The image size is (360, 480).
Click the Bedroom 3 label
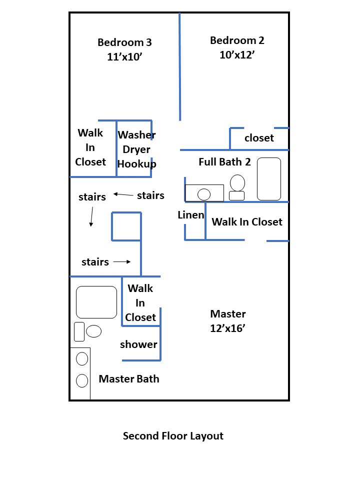point(124,42)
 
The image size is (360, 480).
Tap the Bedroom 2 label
point(237,40)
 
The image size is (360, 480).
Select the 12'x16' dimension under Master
point(227,328)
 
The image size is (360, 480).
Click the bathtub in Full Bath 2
point(269,179)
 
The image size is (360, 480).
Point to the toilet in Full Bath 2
point(237,183)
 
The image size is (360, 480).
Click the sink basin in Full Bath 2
point(204,194)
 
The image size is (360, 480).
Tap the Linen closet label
point(191,215)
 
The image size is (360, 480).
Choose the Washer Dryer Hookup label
point(136,149)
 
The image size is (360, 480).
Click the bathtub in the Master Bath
point(96,302)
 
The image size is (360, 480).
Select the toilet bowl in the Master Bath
point(94,331)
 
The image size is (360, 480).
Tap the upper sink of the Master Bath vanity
point(82,358)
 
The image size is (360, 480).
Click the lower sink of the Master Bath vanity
point(82,380)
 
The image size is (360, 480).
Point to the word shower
point(138,344)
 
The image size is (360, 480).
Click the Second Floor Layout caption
point(173,436)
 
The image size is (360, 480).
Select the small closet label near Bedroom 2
point(259,138)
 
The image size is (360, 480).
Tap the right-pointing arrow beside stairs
point(121,261)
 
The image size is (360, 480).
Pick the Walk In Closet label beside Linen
point(247,221)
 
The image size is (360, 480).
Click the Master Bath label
point(129,378)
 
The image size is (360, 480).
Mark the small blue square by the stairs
point(126,226)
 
